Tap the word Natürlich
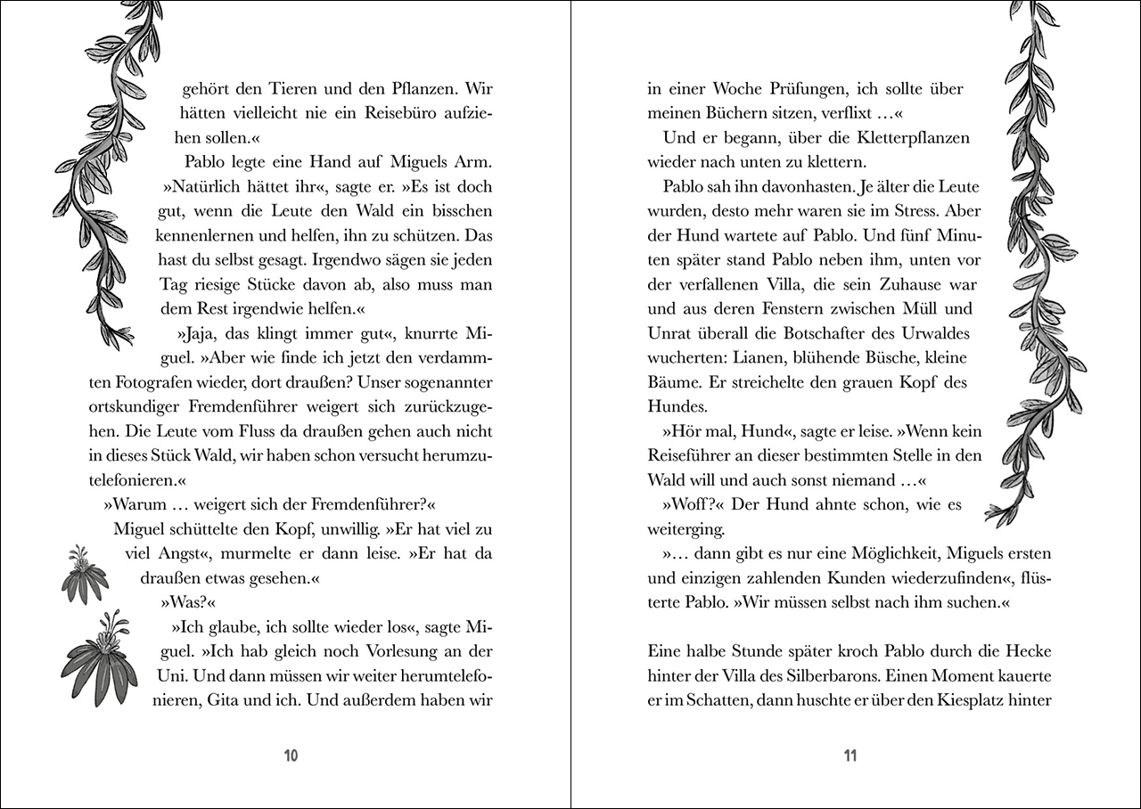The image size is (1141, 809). pyautogui.click(x=201, y=188)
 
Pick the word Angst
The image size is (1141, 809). pyautogui.click(x=164, y=553)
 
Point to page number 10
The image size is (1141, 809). pyautogui.click(x=291, y=756)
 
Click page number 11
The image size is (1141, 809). pyautogui.click(x=850, y=756)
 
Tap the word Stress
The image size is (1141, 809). pyautogui.click(x=927, y=212)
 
